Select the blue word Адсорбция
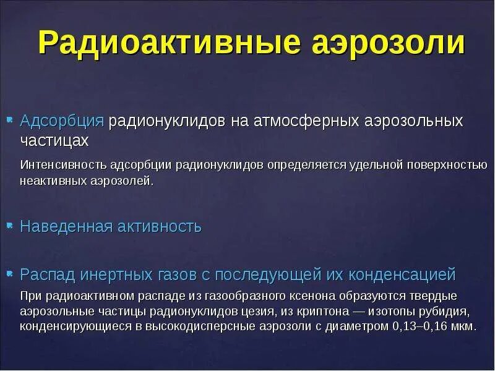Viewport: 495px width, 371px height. coord(62,120)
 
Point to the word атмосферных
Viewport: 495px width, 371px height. coord(304,120)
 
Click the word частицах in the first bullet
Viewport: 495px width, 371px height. coord(54,141)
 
